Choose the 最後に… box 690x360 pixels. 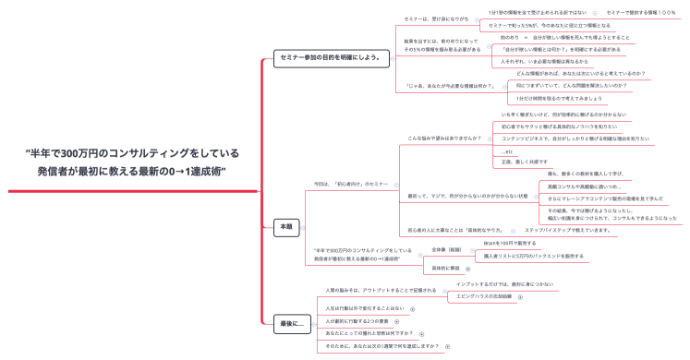point(291,323)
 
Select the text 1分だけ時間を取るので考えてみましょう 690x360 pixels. point(559,97)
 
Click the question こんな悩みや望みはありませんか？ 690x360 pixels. point(444,138)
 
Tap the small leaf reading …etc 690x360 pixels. point(507,150)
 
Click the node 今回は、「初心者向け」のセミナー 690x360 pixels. point(351,185)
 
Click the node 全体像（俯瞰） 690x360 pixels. point(446,249)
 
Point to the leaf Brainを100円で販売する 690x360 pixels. point(509,243)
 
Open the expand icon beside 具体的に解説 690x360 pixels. point(467,268)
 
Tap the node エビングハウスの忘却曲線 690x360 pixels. point(483,296)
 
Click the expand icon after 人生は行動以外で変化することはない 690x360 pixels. point(412,308)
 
